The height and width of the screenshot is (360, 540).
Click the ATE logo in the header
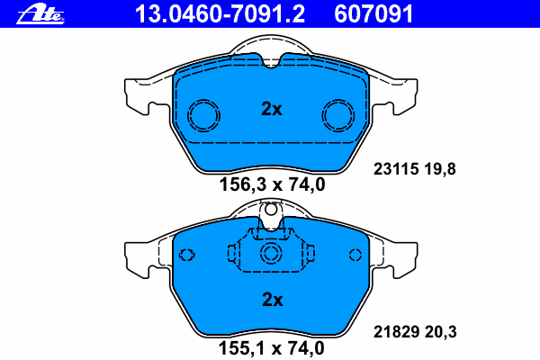(x=40, y=15)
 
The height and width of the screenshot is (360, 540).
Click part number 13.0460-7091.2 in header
(x=220, y=14)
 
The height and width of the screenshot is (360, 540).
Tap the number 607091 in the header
(x=373, y=14)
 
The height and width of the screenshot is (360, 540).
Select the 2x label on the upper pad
(x=272, y=109)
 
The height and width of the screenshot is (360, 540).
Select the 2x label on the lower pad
(x=273, y=300)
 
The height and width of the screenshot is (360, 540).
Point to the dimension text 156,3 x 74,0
(x=272, y=184)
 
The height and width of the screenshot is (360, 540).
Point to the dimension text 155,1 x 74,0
(x=272, y=348)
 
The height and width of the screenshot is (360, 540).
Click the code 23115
(x=396, y=169)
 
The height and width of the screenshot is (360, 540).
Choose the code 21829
(x=396, y=332)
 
